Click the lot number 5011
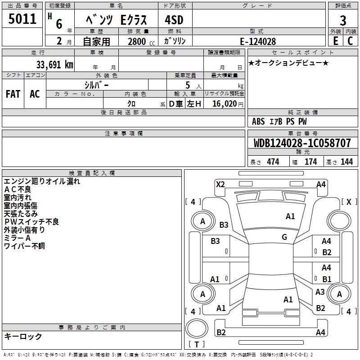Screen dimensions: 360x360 click(x=22, y=19)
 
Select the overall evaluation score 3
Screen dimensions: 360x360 click(x=343, y=20)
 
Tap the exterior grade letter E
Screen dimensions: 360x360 click(x=335, y=40)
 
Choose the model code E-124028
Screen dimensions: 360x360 click(x=258, y=41)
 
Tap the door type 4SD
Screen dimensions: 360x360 click(x=170, y=20)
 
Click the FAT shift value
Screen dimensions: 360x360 click(x=13, y=94)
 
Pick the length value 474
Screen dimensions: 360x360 click(x=273, y=162)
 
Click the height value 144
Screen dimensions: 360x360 click(x=346, y=162)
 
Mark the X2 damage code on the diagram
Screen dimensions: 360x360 click(x=220, y=184)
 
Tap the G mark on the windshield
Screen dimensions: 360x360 click(x=284, y=237)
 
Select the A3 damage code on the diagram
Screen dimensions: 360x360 click(x=320, y=292)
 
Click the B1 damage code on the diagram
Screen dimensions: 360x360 click(x=327, y=279)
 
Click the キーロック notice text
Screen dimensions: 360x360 click(x=23, y=336)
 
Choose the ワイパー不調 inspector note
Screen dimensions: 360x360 click(x=24, y=246)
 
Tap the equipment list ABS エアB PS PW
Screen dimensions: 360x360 click(x=279, y=121)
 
